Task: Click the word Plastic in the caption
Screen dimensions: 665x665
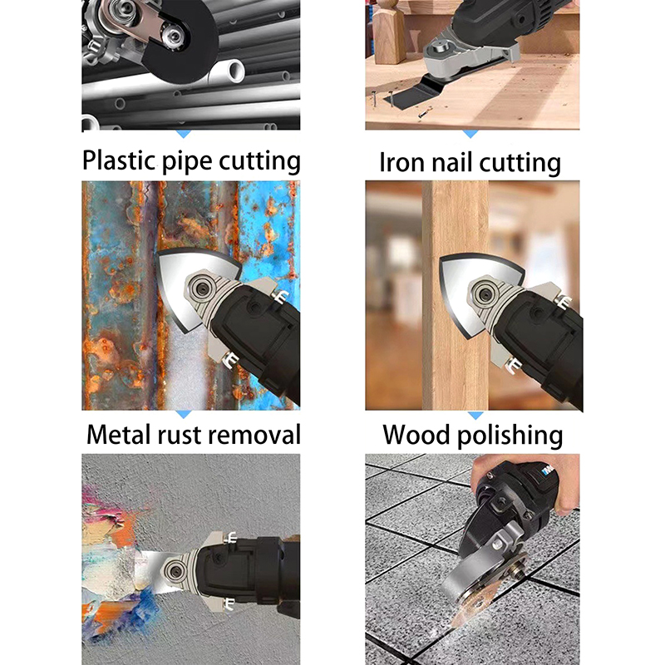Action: (x=118, y=160)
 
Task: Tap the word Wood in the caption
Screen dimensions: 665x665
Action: (x=416, y=434)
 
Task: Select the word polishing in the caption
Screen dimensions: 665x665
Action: (x=510, y=436)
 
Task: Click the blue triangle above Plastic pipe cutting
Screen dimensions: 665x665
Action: (x=183, y=134)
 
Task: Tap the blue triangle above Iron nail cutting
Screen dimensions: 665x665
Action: (x=470, y=134)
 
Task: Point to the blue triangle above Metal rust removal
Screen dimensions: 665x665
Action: (x=183, y=413)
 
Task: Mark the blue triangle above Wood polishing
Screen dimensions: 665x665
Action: (x=475, y=415)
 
